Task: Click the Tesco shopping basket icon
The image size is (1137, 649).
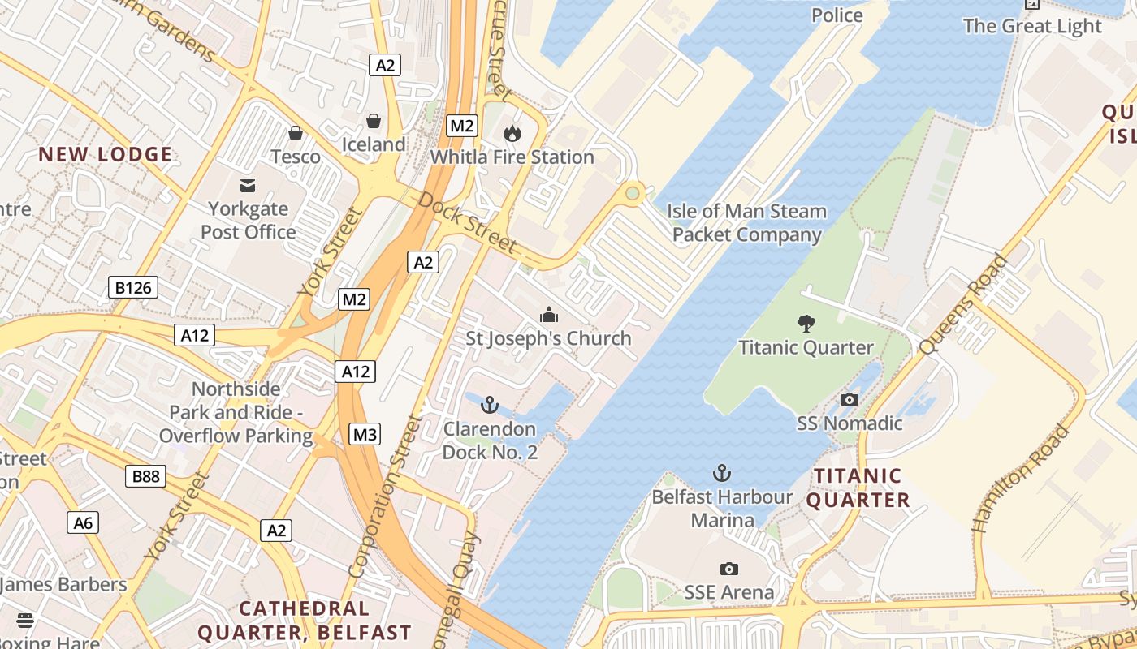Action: [296, 132]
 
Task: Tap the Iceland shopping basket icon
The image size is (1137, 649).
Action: [374, 121]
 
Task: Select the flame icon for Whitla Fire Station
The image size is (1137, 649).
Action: [512, 133]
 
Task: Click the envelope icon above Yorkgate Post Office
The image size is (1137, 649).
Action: [248, 186]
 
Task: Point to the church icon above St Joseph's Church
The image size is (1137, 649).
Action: [549, 315]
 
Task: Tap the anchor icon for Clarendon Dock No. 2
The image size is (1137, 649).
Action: [489, 405]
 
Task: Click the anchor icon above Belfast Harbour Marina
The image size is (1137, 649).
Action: [722, 473]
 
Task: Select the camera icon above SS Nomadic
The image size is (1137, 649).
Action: [850, 399]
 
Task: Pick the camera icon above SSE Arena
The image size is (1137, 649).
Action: [729, 569]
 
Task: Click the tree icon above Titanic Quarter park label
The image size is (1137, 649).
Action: [806, 324]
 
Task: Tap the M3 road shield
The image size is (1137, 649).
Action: [365, 434]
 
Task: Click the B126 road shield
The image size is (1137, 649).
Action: [133, 286]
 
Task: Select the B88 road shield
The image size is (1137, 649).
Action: [146, 476]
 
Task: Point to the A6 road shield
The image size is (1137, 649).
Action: [84, 522]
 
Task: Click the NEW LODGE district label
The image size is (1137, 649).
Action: [106, 154]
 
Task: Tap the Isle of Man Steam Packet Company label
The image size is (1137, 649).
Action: [746, 223]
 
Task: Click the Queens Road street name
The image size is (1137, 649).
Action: [964, 305]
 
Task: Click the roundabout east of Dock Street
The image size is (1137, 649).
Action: [633, 193]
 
